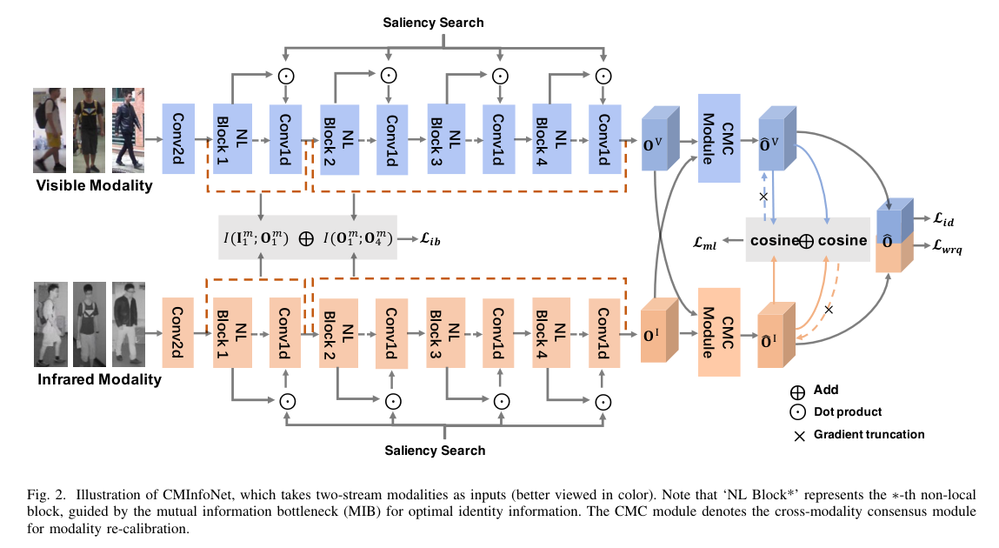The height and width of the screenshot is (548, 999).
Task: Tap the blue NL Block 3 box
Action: point(444,138)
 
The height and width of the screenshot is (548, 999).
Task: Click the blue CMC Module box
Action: point(719,138)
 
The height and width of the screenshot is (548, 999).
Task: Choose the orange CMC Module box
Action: point(719,331)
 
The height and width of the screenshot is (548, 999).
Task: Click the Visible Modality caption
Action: point(94,184)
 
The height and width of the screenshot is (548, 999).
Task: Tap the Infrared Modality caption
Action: point(99,379)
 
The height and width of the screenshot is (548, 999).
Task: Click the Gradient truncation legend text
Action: point(869,434)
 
